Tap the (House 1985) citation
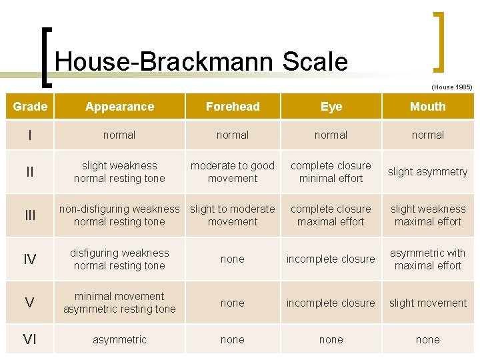(451, 87)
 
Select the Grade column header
(30, 107)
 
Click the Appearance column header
(120, 107)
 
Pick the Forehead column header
(233, 107)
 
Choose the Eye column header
(331, 107)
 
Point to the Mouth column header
(427, 107)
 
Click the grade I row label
(30, 135)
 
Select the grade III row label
(30, 215)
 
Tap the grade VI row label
(30, 340)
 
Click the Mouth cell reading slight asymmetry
(427, 172)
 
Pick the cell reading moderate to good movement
(233, 172)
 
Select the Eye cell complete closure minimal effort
(331, 172)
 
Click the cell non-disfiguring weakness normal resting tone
(120, 215)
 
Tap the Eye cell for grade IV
(331, 259)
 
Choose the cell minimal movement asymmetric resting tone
(120, 303)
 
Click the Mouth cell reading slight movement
(427, 303)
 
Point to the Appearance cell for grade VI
(120, 340)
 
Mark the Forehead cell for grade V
(233, 303)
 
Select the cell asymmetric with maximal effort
(427, 259)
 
